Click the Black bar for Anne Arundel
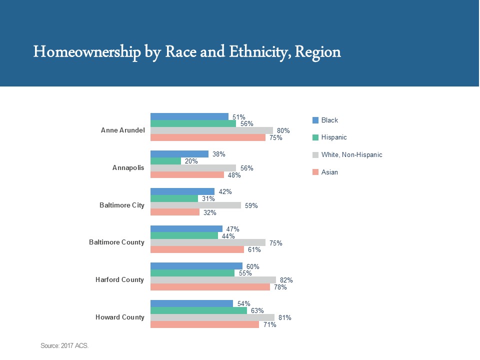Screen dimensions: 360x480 coord(189,116)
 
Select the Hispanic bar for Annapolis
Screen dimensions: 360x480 coord(166,161)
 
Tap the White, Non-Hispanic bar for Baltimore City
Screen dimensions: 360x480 coord(195,205)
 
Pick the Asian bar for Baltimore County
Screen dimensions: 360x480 coord(197,249)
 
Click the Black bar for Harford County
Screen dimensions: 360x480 coord(196,266)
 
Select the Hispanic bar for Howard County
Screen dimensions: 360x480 coord(198,310)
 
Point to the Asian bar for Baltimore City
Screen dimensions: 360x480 coord(175,212)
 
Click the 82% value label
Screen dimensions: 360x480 coord(286,280)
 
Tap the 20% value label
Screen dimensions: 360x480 coord(191,161)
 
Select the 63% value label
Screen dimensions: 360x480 coord(257,310)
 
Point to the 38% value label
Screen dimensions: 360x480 coord(218,154)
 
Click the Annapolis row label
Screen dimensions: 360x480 coord(128,167)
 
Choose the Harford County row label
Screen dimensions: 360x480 coord(119,279)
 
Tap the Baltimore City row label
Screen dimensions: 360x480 coord(122,205)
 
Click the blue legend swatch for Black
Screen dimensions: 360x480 coord(315,120)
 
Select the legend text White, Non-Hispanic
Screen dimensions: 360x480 coord(351,155)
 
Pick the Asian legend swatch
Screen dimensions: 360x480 coord(315,172)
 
